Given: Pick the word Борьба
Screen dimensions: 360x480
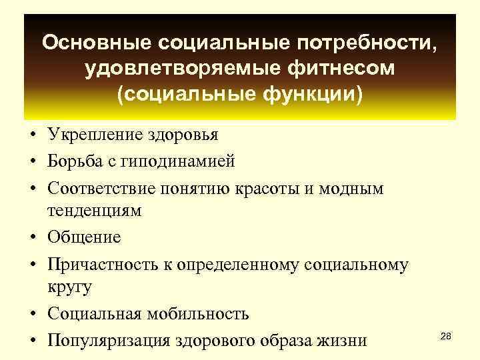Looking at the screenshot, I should [x=73, y=161].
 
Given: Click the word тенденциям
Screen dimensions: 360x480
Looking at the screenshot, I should [x=94, y=211].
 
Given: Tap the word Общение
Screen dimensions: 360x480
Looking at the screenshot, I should [x=83, y=237].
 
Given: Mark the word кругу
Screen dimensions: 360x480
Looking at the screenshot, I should [x=69, y=287].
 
